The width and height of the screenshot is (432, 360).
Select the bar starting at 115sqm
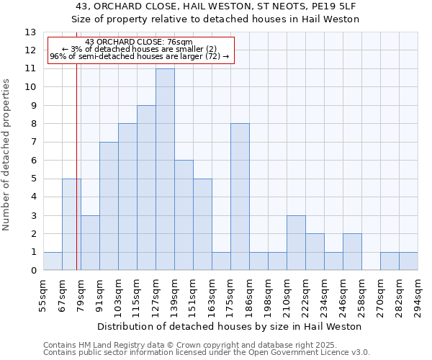click(x=146, y=188)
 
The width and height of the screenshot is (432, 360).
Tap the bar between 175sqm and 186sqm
click(x=240, y=197)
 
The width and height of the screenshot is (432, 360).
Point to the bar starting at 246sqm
click(x=352, y=252)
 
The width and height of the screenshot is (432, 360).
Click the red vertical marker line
click(x=76, y=180)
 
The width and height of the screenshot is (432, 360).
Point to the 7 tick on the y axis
click(x=32, y=143)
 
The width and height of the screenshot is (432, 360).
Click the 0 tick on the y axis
click(x=32, y=271)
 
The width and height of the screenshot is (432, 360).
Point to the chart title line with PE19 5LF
click(x=216, y=6)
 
